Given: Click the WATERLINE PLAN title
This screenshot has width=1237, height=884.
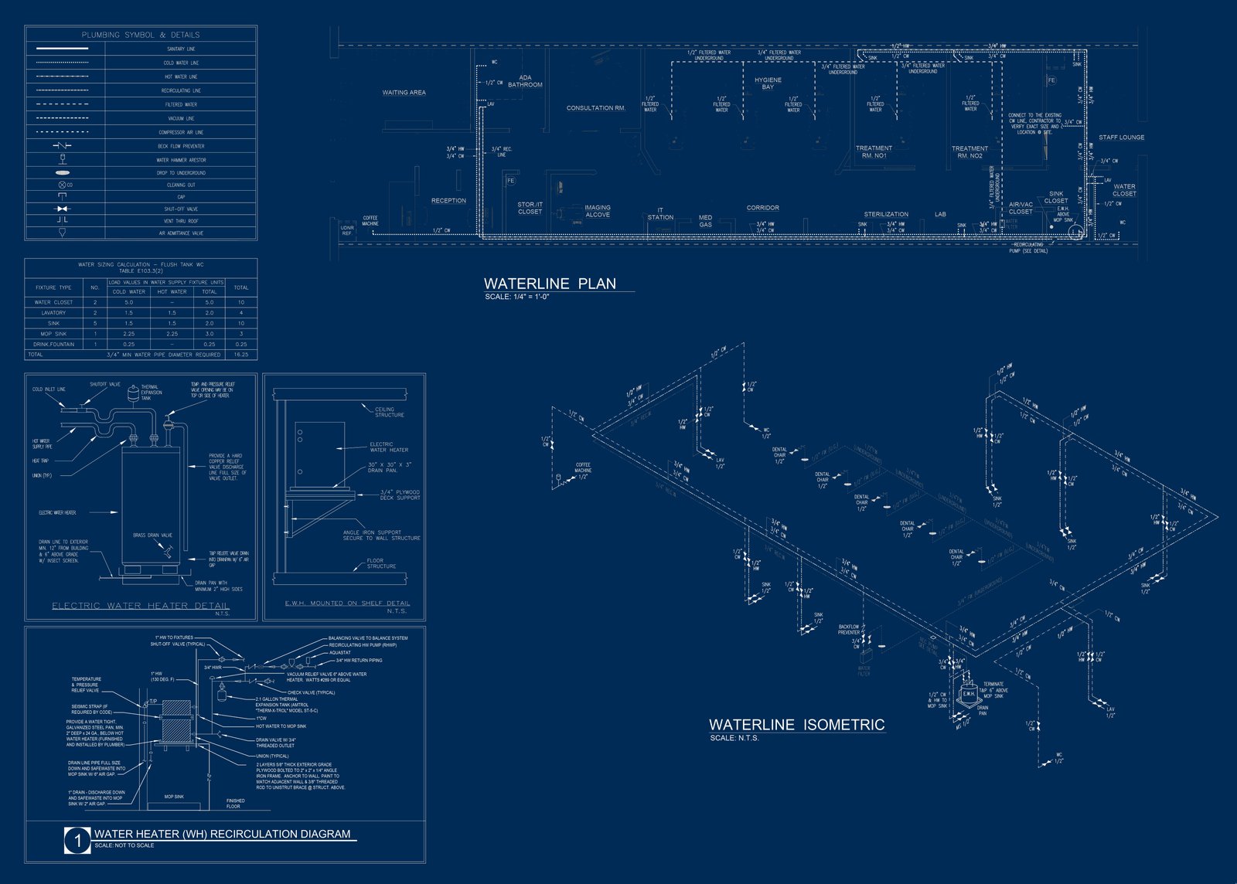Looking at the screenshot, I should click(550, 284).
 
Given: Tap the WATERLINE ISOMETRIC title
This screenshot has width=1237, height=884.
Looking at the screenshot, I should click(796, 725).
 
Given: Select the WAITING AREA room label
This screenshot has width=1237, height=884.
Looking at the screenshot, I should click(404, 93).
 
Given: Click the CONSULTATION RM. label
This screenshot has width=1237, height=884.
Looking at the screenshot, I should click(595, 108).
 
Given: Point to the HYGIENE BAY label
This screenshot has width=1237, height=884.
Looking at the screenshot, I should click(768, 83).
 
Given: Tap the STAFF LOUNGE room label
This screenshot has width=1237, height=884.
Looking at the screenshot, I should click(1121, 138).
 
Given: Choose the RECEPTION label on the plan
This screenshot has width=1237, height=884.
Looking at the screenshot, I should click(448, 201).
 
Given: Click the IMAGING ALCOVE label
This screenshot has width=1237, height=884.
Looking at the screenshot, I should click(597, 211).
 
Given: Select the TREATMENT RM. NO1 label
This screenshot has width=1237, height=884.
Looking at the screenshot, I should click(874, 151).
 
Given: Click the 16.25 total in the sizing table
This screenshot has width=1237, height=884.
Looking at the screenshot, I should click(241, 355).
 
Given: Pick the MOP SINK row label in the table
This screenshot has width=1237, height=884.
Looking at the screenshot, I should click(53, 334).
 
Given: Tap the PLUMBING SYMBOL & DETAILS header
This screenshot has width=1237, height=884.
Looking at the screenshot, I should click(141, 35).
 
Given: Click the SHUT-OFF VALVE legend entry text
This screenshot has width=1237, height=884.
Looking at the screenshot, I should click(181, 209).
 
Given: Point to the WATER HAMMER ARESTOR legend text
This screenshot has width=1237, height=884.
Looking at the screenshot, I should click(181, 160).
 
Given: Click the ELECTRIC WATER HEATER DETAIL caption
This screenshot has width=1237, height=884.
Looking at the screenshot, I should click(141, 606).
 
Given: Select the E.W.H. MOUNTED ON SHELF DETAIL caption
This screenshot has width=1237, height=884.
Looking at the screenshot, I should click(347, 603).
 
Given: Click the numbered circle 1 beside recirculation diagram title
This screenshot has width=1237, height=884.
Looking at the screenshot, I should click(77, 840).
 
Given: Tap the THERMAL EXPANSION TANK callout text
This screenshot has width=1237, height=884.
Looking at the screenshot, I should click(151, 393).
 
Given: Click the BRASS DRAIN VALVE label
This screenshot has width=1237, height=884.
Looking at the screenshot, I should click(152, 535).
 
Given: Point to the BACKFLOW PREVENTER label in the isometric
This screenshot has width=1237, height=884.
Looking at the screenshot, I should click(848, 630).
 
